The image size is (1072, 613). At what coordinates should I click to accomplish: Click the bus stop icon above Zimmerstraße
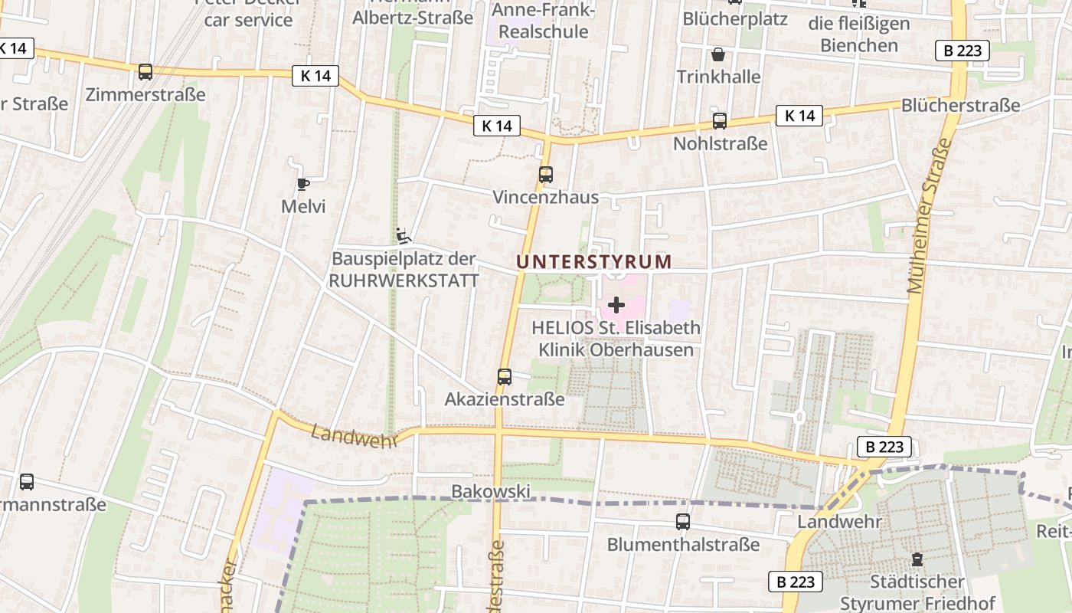pos(145,72)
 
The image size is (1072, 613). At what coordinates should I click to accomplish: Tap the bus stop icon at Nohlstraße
pos(719,120)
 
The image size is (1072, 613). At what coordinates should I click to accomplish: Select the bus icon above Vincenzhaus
pos(545,174)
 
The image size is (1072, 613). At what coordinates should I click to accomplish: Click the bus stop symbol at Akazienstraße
pos(504,376)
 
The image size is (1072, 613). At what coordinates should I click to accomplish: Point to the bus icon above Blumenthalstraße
pos(682,522)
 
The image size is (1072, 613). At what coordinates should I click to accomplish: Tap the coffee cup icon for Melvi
pos(303,184)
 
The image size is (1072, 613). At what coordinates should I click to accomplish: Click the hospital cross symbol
pos(616,305)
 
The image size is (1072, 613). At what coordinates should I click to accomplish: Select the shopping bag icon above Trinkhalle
pos(717,54)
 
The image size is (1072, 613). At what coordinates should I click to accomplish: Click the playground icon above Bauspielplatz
pos(404,235)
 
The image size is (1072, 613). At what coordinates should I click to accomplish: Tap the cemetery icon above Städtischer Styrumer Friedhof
pos(917,560)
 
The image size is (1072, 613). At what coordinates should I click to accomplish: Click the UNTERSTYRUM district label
pos(594,261)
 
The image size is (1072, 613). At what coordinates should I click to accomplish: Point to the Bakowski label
pos(491,491)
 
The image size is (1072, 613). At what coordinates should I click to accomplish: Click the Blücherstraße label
pos(961,105)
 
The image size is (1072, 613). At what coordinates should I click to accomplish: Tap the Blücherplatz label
pos(734,18)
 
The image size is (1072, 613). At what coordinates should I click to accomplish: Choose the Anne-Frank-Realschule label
pos(543,21)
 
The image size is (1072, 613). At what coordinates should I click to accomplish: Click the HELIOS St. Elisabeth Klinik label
pos(616,339)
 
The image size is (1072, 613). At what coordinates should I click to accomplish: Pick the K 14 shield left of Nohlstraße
pos(799,116)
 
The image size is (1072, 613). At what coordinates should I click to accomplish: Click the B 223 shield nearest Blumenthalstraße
pos(796,582)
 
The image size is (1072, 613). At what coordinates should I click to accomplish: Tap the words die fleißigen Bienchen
pos(859,34)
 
